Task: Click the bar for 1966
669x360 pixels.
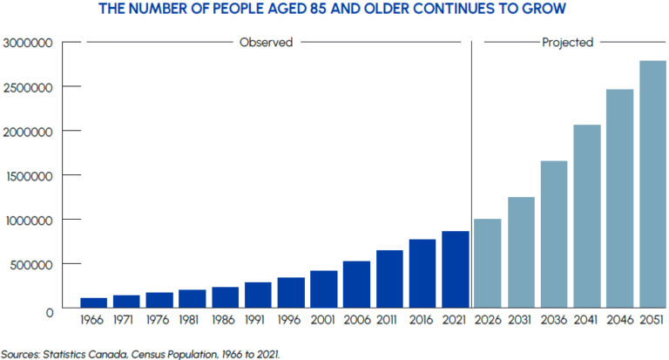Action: point(93,302)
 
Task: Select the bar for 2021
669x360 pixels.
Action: point(456,269)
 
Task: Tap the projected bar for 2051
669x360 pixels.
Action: point(653,184)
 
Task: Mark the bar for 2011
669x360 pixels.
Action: point(389,279)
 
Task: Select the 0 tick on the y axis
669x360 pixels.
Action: point(49,309)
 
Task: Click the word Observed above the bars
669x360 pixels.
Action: point(266,42)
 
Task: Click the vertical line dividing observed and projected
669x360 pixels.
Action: point(471,174)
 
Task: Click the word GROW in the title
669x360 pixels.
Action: point(545,10)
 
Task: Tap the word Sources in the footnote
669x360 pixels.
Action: point(21,353)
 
